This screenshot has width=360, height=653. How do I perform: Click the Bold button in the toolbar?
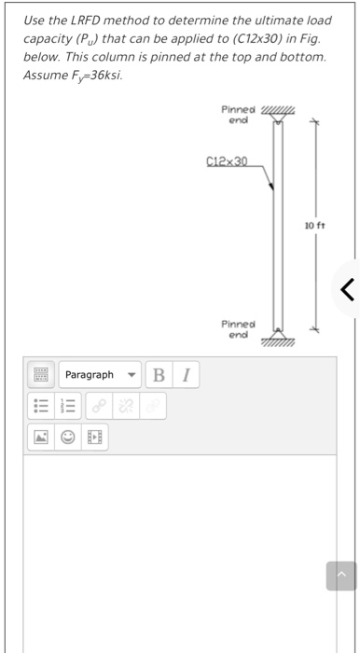click(159, 375)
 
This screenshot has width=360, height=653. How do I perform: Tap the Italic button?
click(185, 375)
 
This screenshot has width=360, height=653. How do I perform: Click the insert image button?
click(40, 437)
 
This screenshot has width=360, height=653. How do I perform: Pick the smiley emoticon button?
click(67, 437)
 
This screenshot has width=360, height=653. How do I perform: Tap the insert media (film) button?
click(93, 437)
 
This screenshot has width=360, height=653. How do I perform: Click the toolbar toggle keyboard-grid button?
click(40, 375)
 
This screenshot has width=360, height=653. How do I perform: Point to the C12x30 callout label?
click(225, 162)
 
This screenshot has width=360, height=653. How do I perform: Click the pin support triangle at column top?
click(277, 117)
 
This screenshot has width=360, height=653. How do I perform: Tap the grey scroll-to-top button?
click(340, 577)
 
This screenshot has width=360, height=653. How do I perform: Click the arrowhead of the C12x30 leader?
click(271, 188)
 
